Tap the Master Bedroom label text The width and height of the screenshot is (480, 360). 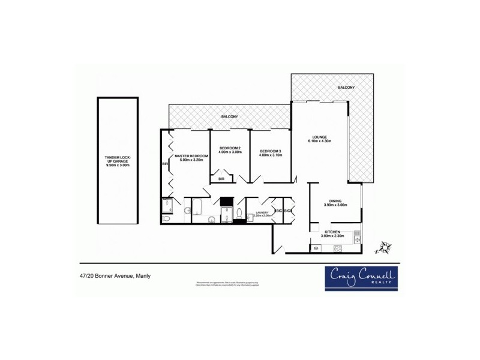pos(191,156)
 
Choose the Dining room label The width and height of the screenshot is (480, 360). pos(335,202)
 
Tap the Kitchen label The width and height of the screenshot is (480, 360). pos(332,232)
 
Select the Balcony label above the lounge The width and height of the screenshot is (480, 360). pos(346,88)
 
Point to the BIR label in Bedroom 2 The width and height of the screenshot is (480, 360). pos(221,178)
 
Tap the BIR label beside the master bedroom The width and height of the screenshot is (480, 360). pos(164,163)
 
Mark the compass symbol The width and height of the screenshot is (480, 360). pos(382,246)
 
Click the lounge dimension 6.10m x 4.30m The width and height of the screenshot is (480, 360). pos(319,142)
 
